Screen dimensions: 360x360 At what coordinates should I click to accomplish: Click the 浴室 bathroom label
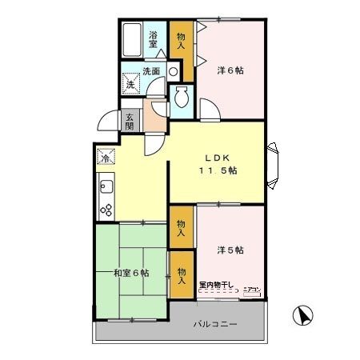pos(155,38)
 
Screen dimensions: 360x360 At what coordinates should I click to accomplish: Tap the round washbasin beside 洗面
pos(172,71)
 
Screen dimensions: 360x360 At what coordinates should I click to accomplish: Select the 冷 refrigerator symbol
pos(106,158)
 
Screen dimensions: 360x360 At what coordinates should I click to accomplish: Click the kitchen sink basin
pos(106,190)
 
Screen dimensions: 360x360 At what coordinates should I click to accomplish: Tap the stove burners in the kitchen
pos(106,210)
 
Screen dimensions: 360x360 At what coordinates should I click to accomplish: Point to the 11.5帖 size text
pos(218,170)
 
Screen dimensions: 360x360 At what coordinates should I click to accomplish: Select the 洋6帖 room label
pos(230,70)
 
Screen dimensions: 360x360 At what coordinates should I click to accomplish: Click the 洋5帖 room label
pos(230,250)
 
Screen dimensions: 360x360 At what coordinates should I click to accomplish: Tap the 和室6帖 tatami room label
pos(130,274)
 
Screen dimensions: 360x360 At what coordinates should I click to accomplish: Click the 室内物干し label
pos(217,284)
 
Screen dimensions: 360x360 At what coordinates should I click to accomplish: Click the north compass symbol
pos(303,316)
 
